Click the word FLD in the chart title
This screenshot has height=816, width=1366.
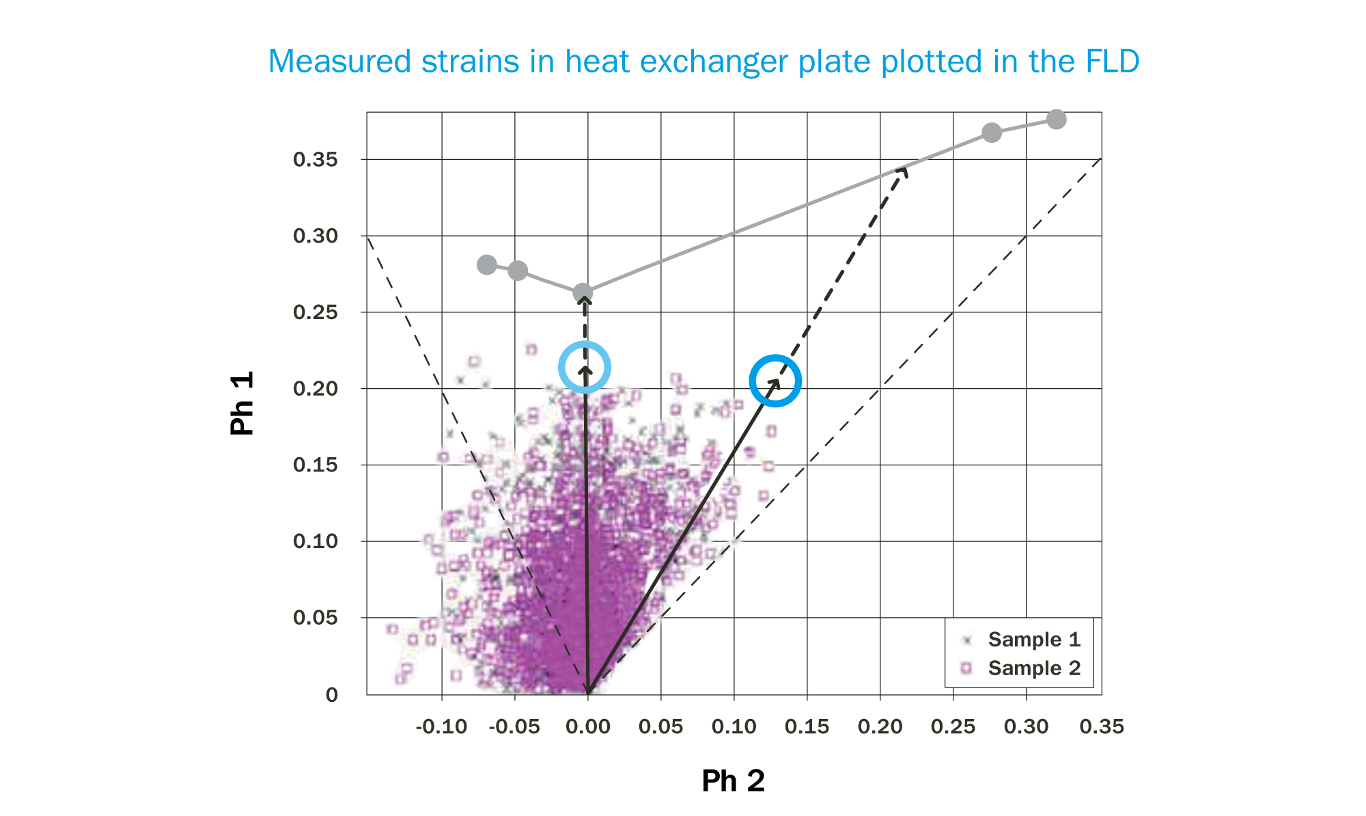tap(1112, 62)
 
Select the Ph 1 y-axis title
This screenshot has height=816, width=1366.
tap(242, 403)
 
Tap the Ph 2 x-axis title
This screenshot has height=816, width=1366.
tap(733, 780)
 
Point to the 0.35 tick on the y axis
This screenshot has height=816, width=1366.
tap(316, 160)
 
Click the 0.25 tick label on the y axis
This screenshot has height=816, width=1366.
tap(316, 312)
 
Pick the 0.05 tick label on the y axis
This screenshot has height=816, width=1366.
tap(316, 618)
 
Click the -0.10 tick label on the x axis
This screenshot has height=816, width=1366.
tap(441, 726)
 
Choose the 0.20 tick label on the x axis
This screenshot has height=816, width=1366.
tap(880, 726)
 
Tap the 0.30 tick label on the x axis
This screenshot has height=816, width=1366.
tap(1026, 726)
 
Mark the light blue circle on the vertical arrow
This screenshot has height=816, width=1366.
tap(585, 368)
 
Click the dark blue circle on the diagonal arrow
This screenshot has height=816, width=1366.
tap(775, 381)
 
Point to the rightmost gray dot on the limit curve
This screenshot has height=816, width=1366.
tap(1056, 120)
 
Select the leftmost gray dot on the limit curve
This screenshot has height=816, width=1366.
tap(487, 264)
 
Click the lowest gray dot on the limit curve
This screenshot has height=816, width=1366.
tap(583, 294)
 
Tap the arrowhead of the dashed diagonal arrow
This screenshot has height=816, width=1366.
tap(904, 169)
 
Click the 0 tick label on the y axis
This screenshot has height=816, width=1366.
tap(332, 695)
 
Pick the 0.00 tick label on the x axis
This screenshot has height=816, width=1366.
tap(587, 726)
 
